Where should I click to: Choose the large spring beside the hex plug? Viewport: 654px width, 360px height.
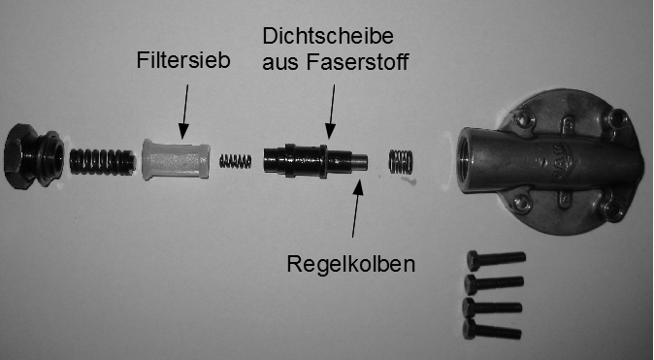[x=102, y=160]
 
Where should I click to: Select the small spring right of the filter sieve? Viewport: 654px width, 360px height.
[x=237, y=160]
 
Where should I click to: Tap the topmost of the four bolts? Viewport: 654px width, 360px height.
[x=494, y=259]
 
